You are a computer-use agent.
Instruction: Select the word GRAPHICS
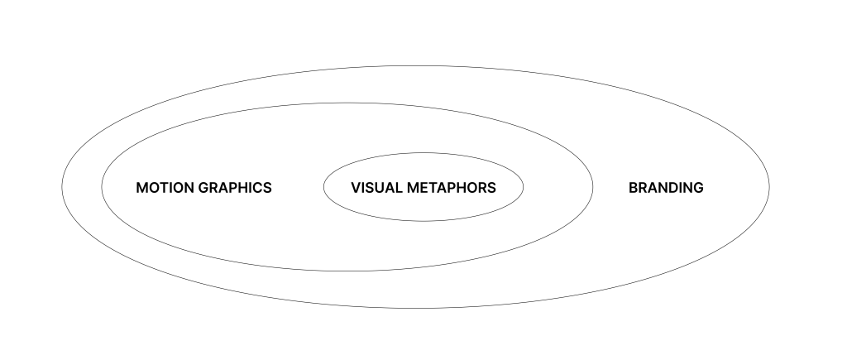point(235,188)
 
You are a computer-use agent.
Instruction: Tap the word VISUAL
point(376,188)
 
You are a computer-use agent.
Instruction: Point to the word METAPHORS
point(451,188)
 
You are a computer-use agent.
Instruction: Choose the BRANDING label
point(666,188)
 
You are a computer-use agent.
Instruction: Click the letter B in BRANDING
point(634,188)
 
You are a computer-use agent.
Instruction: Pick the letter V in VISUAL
point(356,188)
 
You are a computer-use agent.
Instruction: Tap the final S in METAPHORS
point(491,188)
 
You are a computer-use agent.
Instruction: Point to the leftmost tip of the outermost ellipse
point(62,187)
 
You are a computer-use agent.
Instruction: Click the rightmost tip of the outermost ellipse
point(770,187)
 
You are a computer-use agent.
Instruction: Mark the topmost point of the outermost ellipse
point(416,65)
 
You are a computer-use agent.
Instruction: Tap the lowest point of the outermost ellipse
point(416,309)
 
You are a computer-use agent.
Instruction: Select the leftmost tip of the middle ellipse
point(102,186)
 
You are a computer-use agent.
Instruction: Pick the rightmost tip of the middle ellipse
point(593,186)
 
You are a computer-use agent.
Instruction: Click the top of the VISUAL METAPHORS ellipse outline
point(423,152)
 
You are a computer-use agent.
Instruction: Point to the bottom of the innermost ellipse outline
point(423,221)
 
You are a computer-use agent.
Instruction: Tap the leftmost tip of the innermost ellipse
point(323,186)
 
